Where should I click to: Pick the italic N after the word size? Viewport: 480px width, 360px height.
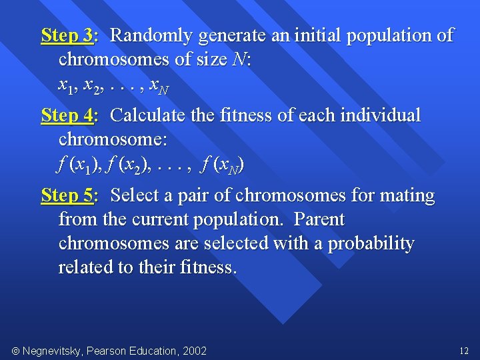pyautogui.click(x=239, y=60)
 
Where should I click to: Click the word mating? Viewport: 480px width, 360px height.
pyautogui.click(x=406, y=195)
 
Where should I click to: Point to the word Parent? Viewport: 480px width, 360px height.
pyautogui.click(x=319, y=219)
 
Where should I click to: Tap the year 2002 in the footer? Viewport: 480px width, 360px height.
pyautogui.click(x=194, y=351)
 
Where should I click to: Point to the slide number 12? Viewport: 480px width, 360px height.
pyautogui.click(x=464, y=351)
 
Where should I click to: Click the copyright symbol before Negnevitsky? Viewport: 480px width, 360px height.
pyautogui.click(x=15, y=351)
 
